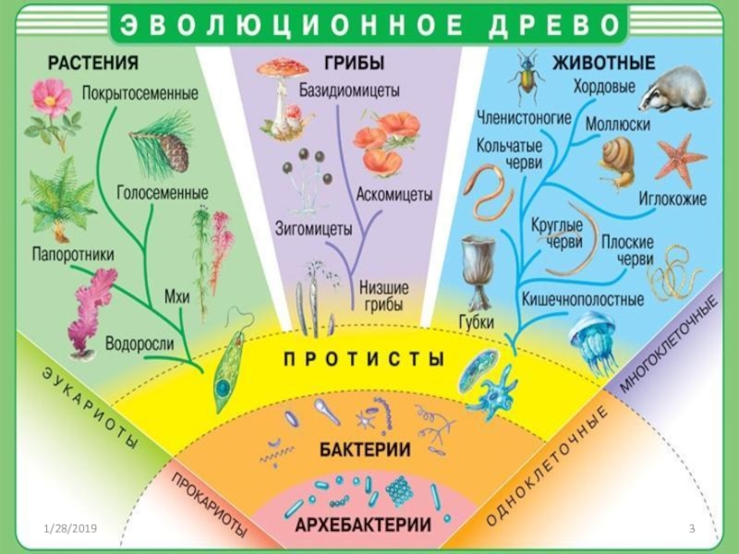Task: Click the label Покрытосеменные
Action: [139, 93]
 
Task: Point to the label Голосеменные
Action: [163, 192]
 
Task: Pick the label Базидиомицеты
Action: [348, 90]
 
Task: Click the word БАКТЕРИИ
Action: [366, 450]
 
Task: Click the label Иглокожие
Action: [672, 199]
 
